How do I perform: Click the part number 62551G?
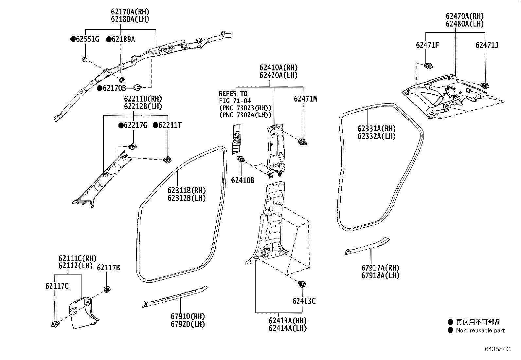pos(87,39)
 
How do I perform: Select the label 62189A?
pos(123,39)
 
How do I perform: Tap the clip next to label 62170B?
pos(138,87)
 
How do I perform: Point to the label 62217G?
pos(135,125)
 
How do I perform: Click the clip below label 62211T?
pos(168,160)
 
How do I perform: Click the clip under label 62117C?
pos(55,324)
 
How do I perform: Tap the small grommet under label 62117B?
pos(106,289)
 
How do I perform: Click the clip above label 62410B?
pos(241,159)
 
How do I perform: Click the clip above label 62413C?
pos(302,284)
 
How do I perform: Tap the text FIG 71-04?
pos(235,101)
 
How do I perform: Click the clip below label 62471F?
pos(427,66)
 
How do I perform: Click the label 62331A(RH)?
pos(376,129)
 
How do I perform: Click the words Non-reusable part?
pos(480,331)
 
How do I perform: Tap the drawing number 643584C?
pos(497,349)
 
